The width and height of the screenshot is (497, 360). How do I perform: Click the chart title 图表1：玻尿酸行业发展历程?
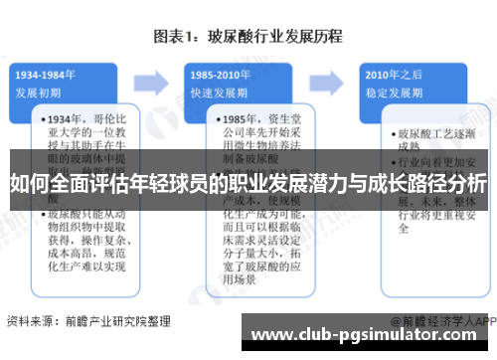pyautogui.click(x=248, y=38)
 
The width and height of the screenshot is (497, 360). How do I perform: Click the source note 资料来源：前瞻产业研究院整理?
pyautogui.click(x=76, y=321)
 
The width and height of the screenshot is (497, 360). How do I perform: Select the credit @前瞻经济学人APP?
pyautogui.click(x=443, y=322)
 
